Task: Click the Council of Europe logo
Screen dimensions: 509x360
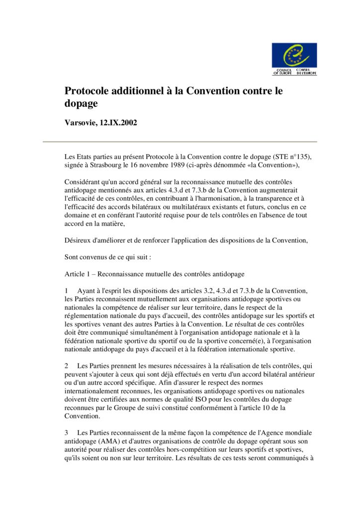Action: (294, 59)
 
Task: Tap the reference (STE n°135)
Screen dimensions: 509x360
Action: (289, 157)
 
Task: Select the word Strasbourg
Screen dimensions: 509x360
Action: (114, 165)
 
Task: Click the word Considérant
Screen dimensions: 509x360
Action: (85, 182)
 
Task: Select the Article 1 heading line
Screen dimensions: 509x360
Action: (155, 274)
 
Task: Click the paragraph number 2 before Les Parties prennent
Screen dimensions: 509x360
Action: (67, 366)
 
